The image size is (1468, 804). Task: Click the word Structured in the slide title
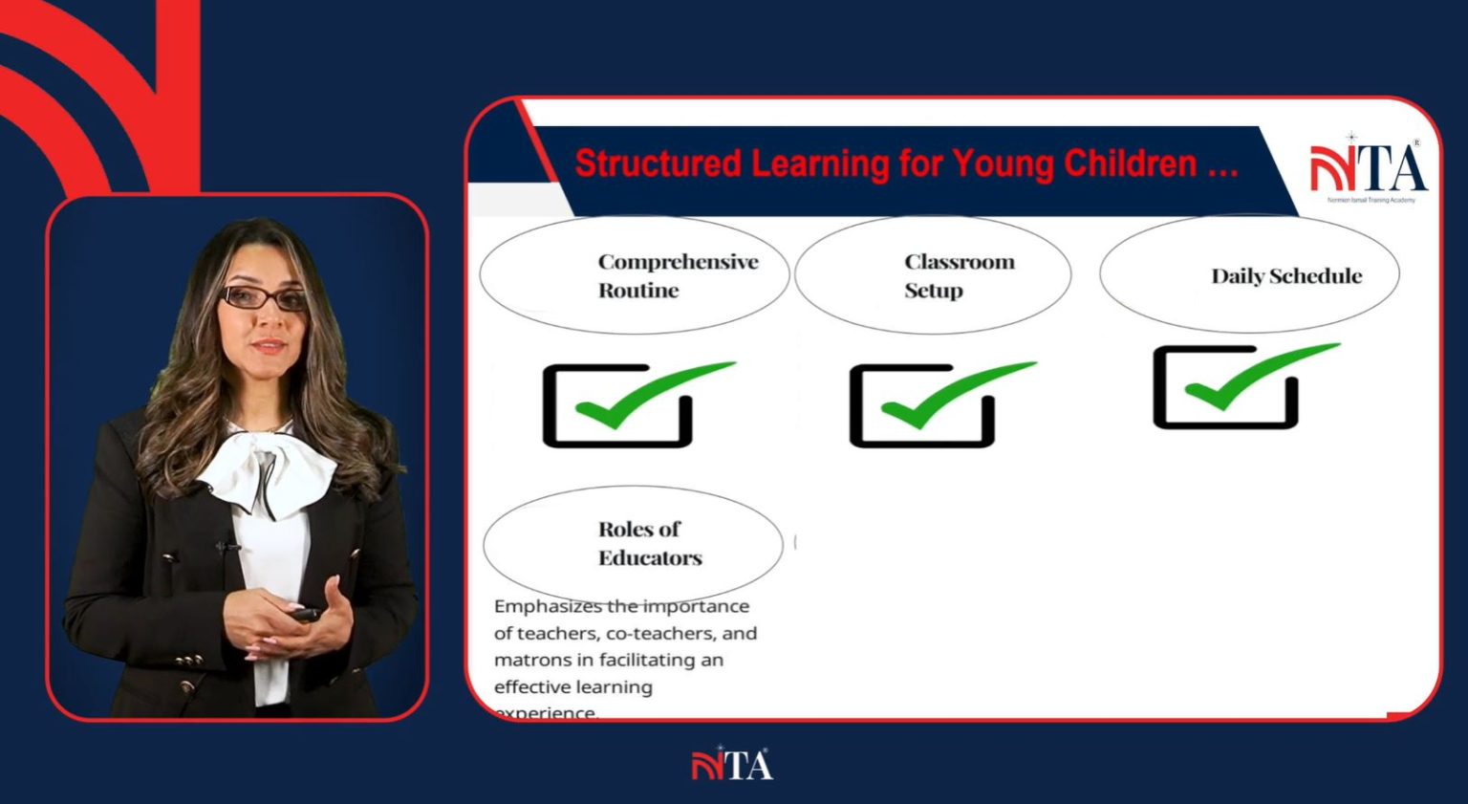[658, 163]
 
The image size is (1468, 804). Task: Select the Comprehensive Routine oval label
[678, 275]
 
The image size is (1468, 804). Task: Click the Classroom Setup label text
[959, 275]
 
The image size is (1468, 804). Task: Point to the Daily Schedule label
[1285, 276]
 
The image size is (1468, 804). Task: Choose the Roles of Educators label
[649, 543]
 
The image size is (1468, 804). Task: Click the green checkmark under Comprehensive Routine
[654, 394]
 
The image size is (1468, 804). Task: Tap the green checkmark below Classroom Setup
[957, 394]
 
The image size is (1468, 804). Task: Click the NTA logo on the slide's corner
[1369, 168]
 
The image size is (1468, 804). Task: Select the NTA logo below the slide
[732, 765]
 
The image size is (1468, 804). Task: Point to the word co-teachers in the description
[659, 633]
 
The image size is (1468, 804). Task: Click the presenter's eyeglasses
[264, 298]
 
